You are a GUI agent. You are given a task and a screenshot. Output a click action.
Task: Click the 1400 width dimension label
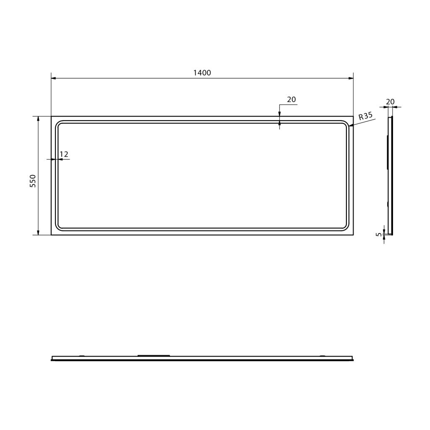tap(202, 73)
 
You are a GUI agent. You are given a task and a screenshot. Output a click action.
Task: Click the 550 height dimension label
tap(33, 181)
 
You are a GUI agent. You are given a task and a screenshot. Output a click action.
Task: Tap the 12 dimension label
tap(64, 154)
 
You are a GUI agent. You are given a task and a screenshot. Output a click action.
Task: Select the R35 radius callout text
tap(366, 116)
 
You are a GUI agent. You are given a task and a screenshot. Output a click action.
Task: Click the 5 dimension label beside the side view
tap(379, 234)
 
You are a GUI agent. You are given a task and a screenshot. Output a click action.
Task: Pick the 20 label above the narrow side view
tap(390, 102)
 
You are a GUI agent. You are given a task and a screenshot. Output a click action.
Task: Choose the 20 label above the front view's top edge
tap(291, 100)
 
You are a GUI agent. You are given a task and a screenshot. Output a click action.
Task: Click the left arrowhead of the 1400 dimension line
tap(53, 78)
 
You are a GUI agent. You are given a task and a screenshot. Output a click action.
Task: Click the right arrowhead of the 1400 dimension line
tap(351, 78)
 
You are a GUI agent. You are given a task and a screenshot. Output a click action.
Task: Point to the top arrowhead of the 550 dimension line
tap(38, 119)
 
